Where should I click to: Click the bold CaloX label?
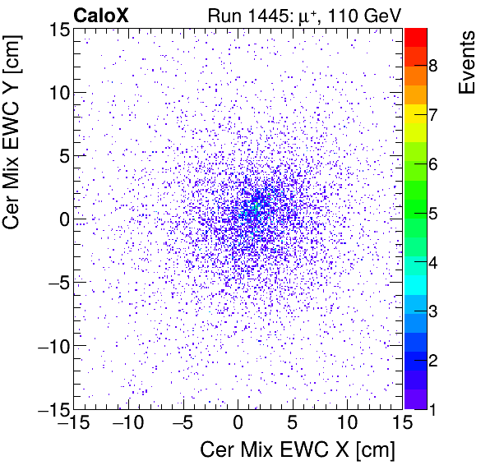[x=101, y=15]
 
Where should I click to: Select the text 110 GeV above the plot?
[x=362, y=15]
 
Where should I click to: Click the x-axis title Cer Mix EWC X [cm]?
[x=298, y=451]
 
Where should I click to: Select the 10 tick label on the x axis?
[x=348, y=424]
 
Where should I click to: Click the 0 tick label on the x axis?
[x=238, y=424]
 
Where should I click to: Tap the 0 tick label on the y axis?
[x=62, y=219]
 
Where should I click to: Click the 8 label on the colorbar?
[x=432, y=66]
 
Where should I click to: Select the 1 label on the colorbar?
[x=432, y=409]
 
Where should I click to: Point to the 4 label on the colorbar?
[x=432, y=263]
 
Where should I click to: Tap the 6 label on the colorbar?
[x=432, y=164]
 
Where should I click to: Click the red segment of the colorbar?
[x=415, y=37]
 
